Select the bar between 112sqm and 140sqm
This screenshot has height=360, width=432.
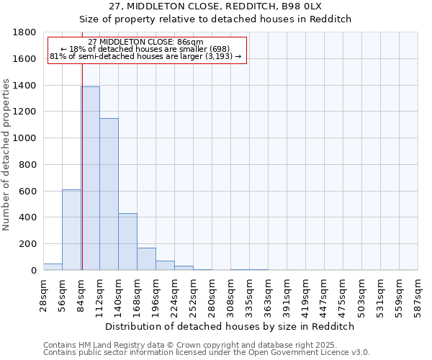109,194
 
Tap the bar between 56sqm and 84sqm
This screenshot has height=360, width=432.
71,230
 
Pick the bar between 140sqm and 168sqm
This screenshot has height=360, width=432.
127,241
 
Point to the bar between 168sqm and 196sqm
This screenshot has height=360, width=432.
146,258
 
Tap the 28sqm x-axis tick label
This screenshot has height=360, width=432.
44,294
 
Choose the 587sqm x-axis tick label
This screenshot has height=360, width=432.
418,294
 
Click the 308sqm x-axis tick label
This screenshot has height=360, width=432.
231,294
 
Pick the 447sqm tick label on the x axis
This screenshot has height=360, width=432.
325,294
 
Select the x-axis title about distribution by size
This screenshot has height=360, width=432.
230,326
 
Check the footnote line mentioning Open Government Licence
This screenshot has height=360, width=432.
207,352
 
